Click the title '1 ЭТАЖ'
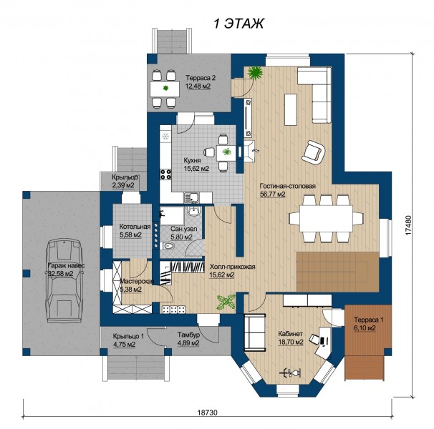238,24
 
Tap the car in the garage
64,281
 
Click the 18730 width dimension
208,413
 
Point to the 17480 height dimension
409,225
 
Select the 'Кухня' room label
193,161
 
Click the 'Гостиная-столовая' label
288,186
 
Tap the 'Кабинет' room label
290,334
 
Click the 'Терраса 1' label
369,320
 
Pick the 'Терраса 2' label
201,78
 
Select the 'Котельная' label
135,227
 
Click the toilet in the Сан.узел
168,246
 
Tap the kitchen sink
191,197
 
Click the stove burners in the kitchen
166,174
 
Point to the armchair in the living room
313,152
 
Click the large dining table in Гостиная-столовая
327,218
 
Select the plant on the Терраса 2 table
165,88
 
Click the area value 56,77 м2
273,194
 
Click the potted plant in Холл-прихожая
226,302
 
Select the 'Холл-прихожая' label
232,267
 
